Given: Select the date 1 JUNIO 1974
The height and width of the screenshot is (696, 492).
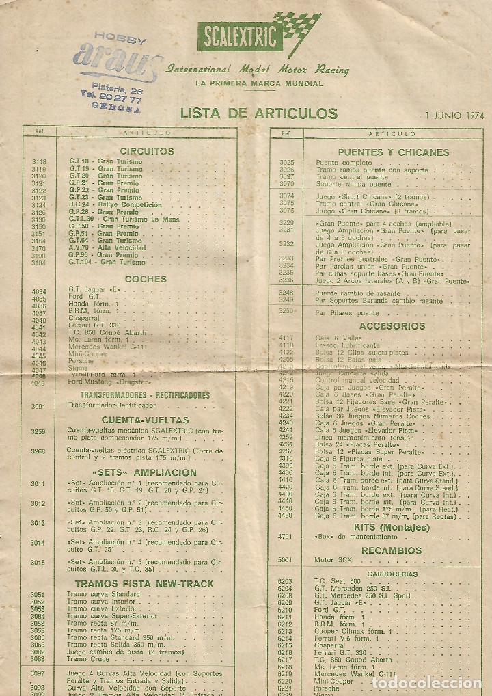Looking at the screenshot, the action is (x=454, y=115).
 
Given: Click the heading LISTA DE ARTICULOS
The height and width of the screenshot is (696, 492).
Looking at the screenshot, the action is (x=259, y=113).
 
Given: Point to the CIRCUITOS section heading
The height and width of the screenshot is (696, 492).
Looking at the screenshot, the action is (x=147, y=151).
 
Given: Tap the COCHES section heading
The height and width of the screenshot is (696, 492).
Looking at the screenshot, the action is (x=146, y=279).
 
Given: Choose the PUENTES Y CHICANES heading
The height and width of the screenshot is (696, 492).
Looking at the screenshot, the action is (x=393, y=152).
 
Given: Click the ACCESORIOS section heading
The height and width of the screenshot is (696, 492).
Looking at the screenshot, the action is (x=392, y=326).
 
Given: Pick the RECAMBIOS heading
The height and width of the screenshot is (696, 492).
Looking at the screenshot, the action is (x=392, y=550).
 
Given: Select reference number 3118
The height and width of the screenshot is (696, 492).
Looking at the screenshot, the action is (x=39, y=161).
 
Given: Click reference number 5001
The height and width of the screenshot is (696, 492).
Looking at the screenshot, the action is (x=285, y=560).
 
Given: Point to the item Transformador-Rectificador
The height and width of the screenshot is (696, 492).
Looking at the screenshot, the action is (x=102, y=405).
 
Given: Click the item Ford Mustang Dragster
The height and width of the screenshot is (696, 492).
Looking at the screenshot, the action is (x=100, y=382).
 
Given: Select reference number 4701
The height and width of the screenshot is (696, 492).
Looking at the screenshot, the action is (x=285, y=537).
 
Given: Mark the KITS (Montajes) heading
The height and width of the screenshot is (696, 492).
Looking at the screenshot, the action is (x=392, y=527).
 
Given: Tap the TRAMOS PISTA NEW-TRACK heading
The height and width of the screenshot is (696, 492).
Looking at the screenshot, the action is (x=144, y=584).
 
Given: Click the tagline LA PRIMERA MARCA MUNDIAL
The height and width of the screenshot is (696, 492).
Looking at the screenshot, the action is (x=259, y=83).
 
